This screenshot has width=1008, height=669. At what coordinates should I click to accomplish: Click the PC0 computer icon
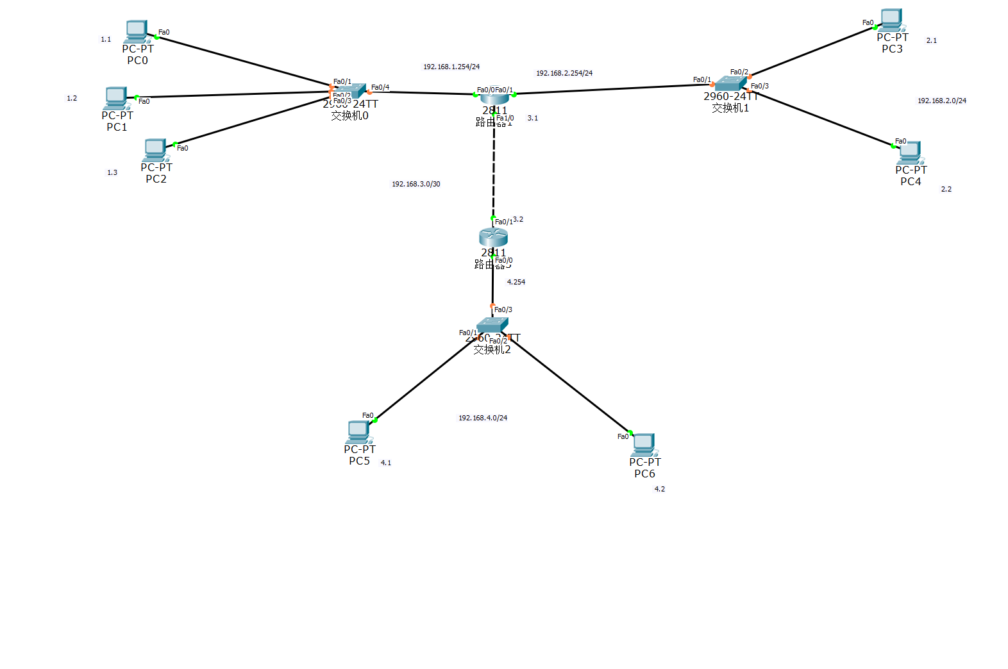[x=137, y=31]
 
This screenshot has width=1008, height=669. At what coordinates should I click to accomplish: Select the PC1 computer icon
[x=116, y=97]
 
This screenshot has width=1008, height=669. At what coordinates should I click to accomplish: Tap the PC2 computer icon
[x=155, y=149]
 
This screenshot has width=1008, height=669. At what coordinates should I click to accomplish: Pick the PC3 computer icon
[x=891, y=19]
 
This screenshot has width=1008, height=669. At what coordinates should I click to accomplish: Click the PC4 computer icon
[x=910, y=152]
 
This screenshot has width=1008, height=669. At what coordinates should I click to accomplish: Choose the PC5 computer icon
[x=358, y=431]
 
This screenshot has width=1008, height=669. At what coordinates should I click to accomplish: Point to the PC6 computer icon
[x=643, y=444]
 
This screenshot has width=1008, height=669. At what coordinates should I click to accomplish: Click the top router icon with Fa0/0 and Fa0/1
[x=494, y=98]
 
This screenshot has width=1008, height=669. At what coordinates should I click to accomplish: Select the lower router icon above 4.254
[x=493, y=237]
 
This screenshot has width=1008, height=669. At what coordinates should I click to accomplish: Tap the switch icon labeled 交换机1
[x=730, y=83]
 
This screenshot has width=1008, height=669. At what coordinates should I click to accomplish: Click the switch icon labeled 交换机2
[x=492, y=325]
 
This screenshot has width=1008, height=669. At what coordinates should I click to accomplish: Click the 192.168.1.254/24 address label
[x=451, y=67]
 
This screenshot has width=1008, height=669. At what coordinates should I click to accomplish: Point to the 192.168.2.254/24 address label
[x=564, y=73]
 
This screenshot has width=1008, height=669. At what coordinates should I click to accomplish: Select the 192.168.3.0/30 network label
[x=416, y=184]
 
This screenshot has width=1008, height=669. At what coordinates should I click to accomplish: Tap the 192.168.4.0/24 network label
[x=483, y=418]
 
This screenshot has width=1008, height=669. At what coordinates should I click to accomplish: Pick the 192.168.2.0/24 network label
[x=942, y=101]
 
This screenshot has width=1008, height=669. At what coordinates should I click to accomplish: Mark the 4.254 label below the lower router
[x=516, y=282]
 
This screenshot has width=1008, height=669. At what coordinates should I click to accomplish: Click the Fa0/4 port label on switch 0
[x=380, y=87]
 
